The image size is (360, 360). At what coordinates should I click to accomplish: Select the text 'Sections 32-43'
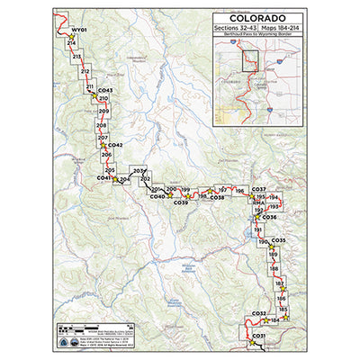[233, 29]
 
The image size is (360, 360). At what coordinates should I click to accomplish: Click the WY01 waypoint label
[78, 30]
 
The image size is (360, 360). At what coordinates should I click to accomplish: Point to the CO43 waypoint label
[105, 91]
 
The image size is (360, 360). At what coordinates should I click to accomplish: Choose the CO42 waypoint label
[114, 145]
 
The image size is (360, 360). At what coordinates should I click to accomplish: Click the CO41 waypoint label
[103, 178]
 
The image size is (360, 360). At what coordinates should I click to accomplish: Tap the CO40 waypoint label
[157, 196]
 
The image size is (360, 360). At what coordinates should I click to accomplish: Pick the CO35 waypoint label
[278, 241]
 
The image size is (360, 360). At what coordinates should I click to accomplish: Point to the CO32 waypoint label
[259, 313]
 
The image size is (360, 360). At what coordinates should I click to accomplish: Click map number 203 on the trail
[138, 171]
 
